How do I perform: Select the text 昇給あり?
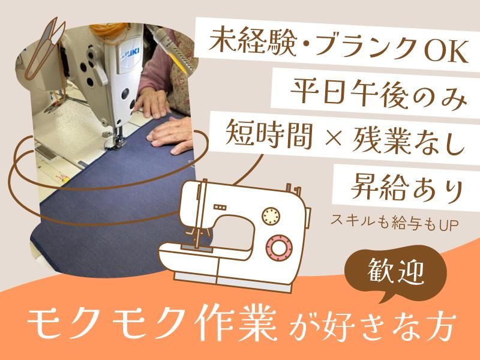pyautogui.click(x=407, y=187)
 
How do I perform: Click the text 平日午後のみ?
pyautogui.click(x=379, y=91)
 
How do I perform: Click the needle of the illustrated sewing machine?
pyautogui.click(x=197, y=237)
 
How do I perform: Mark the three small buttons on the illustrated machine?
pyautogui.click(x=220, y=208)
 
